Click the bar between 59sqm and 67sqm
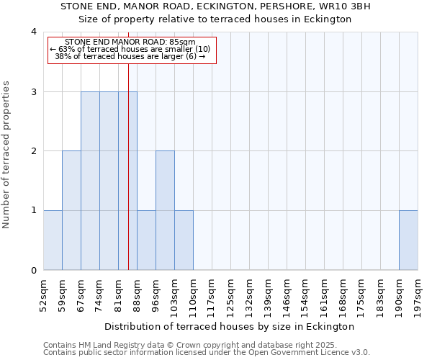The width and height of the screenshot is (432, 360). coord(71,210)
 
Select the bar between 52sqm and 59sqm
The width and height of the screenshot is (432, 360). coord(53,240)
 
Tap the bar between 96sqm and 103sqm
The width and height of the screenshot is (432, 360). coord(165,210)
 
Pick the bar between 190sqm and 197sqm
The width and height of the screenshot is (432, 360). coord(408,240)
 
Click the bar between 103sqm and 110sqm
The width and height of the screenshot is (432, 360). coord(184,240)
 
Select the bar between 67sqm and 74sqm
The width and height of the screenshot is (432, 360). coord(90,181)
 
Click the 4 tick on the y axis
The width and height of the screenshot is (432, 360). coord(33,32)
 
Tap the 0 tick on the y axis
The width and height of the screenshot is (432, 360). coord(33,271)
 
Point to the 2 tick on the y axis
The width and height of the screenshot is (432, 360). coord(33,151)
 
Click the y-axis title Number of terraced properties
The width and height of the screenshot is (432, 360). coord(6,154)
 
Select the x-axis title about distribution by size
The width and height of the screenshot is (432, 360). coord(230,326)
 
